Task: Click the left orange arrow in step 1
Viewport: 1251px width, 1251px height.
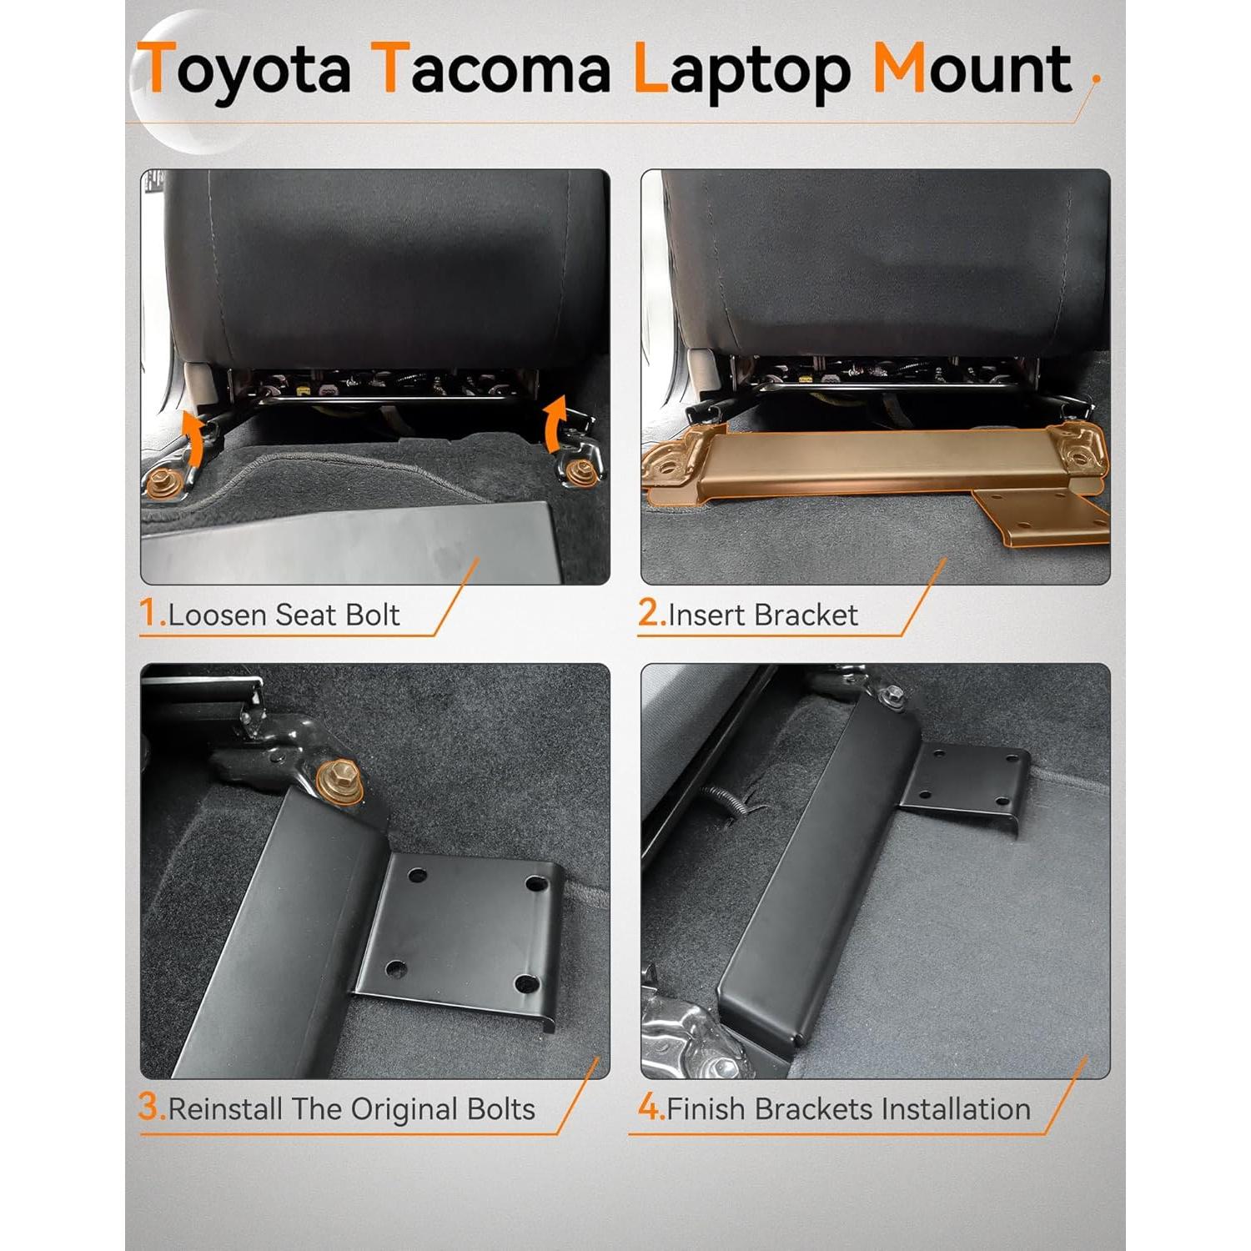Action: click(x=193, y=437)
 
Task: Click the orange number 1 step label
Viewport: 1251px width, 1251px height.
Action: click(x=151, y=614)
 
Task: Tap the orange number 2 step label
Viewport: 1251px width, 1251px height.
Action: click(x=651, y=614)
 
